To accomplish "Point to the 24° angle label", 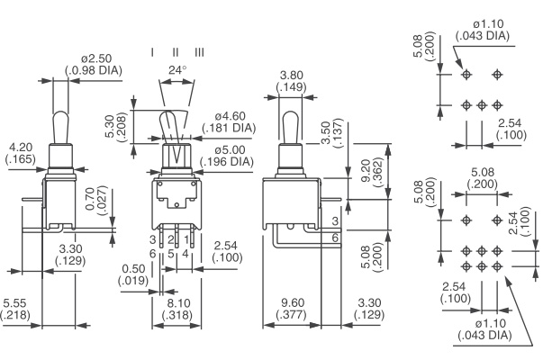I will click(x=177, y=69).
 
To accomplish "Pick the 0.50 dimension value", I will click(x=134, y=268).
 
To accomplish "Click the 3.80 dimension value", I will click(x=291, y=76).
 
